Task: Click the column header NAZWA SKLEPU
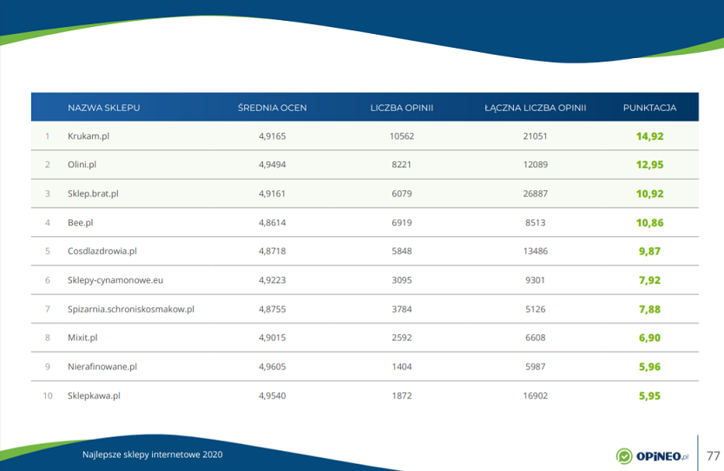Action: click(103, 108)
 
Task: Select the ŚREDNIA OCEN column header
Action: click(272, 108)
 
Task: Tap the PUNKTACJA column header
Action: click(649, 108)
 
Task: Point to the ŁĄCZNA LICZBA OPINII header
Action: click(535, 108)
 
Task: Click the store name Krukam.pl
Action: click(88, 136)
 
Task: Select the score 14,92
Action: click(649, 136)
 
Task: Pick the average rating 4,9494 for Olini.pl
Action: click(272, 165)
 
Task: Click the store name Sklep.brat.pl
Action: click(93, 193)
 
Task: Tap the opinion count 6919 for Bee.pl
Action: click(401, 222)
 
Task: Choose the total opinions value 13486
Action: click(535, 251)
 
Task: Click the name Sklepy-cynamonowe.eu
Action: click(115, 280)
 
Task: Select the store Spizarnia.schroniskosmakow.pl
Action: click(130, 309)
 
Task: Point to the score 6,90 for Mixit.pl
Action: click(649, 337)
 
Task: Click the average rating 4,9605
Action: click(272, 366)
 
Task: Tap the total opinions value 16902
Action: click(535, 396)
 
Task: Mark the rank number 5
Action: click(48, 251)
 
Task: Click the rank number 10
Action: click(48, 396)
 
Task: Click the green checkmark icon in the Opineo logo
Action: click(624, 456)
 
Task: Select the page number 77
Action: click(714, 455)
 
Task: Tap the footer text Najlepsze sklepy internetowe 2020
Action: click(152, 455)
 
